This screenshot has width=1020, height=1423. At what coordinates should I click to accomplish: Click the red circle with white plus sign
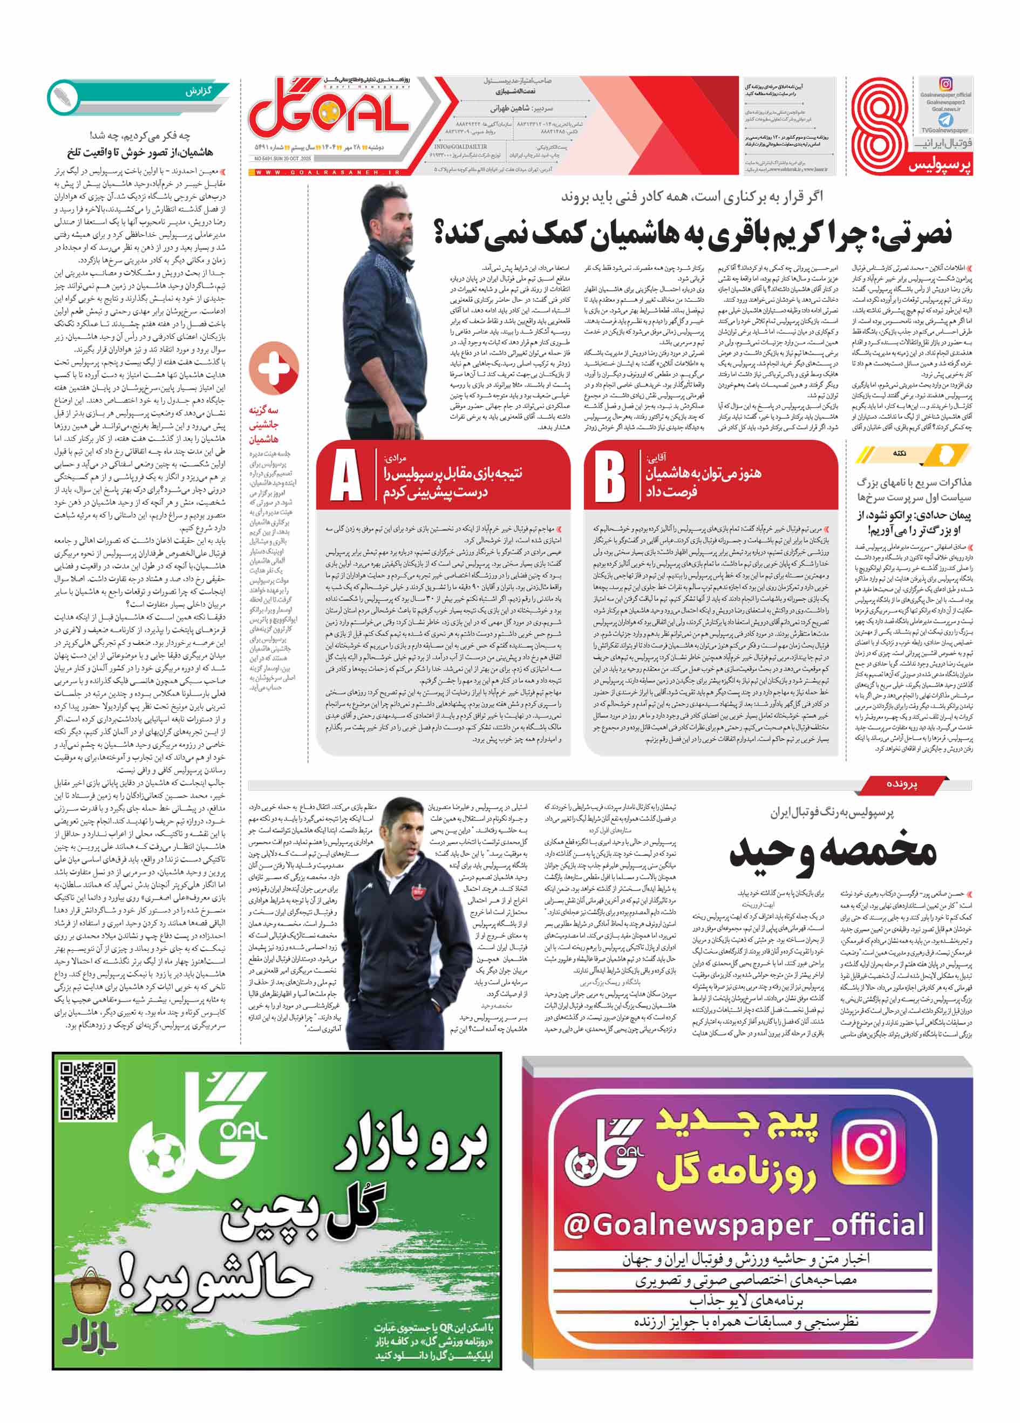[274, 367]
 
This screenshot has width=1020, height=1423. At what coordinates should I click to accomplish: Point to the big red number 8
[881, 123]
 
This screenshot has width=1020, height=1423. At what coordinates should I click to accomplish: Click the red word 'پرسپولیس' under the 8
[940, 166]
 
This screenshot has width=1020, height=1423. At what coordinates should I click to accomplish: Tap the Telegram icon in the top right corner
[946, 119]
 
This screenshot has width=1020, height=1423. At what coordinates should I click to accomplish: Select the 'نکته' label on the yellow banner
[900, 453]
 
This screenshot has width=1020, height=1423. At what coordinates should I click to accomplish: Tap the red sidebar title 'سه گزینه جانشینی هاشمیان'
[264, 424]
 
